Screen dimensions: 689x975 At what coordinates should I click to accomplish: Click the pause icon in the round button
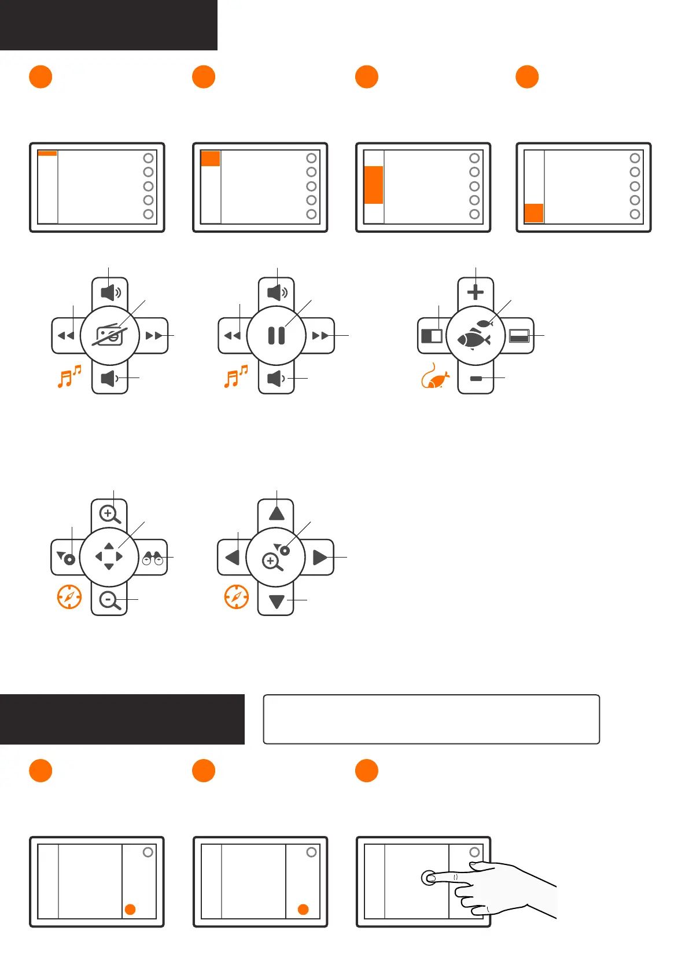[277, 336]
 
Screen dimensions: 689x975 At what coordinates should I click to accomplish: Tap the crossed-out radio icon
[109, 336]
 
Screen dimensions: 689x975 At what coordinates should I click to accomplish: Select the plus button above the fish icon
[476, 292]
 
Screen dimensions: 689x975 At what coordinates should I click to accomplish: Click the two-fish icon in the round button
[475, 336]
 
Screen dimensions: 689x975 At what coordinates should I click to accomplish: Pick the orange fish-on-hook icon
[435, 377]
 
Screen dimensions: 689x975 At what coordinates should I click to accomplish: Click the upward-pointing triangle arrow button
[277, 513]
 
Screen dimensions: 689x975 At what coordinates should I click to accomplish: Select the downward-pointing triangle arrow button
[277, 602]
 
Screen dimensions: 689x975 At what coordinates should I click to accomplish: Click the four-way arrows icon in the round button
[109, 557]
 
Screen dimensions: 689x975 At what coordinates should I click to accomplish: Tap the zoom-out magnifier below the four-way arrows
[109, 601]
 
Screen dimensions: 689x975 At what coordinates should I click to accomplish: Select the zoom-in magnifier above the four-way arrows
[109, 514]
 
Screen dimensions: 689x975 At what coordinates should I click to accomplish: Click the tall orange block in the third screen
[374, 185]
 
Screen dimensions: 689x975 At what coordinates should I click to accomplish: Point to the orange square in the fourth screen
[533, 212]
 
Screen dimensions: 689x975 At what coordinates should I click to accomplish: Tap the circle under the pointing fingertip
[429, 878]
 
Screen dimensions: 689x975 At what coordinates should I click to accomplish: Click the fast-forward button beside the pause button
[320, 336]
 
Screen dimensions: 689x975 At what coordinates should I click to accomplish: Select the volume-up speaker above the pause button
[277, 292]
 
